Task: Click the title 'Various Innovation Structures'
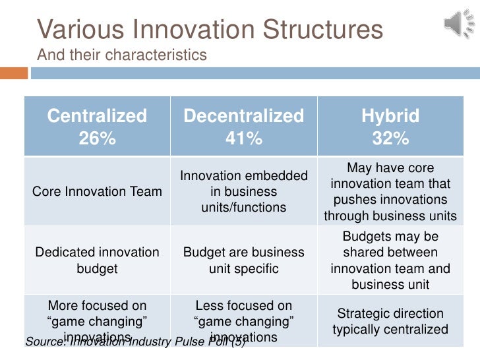click(x=210, y=30)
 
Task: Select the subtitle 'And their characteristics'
click(x=122, y=55)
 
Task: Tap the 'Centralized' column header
click(x=97, y=117)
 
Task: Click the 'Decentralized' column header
click(x=243, y=117)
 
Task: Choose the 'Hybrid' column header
click(x=390, y=117)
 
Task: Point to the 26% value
click(x=97, y=139)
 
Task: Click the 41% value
click(x=243, y=139)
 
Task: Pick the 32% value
click(x=390, y=139)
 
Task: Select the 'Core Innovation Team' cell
click(x=97, y=192)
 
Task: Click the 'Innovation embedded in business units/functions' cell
click(x=243, y=192)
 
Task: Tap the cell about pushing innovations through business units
click(x=390, y=192)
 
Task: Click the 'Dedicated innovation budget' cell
click(x=97, y=260)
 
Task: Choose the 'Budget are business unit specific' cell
click(x=243, y=260)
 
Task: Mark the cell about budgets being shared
click(x=390, y=260)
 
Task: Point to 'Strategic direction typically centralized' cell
click(x=390, y=321)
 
